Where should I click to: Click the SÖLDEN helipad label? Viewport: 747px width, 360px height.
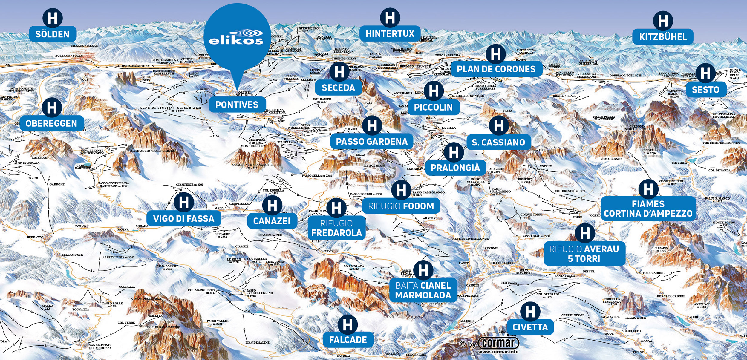tap(53, 34)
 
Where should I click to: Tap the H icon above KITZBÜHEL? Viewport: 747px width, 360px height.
tap(663, 21)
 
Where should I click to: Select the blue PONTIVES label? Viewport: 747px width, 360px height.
tap(237, 105)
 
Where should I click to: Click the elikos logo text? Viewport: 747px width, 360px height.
tap(236, 38)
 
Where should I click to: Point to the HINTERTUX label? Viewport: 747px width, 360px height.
tap(390, 34)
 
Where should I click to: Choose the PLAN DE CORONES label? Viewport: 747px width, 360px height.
tap(496, 69)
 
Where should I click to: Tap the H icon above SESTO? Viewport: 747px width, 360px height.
tap(705, 73)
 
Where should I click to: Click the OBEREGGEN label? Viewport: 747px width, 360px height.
tap(51, 123)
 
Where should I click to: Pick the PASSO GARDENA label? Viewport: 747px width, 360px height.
tap(372, 142)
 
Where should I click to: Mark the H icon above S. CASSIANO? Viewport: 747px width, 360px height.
tap(499, 125)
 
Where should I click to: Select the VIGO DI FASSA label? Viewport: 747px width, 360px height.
tap(184, 219)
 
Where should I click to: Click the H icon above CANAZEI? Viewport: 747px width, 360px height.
tap(272, 206)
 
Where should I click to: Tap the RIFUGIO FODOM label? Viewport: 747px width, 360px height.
tap(401, 206)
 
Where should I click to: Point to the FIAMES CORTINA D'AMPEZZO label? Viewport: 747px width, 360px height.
tap(648, 209)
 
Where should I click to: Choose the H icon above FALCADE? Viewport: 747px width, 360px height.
tap(348, 325)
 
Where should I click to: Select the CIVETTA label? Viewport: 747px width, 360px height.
tap(530, 327)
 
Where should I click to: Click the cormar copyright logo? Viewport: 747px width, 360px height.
tap(498, 343)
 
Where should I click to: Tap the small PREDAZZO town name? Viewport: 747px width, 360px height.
tap(35, 237)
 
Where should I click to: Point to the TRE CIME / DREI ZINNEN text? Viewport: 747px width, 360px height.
tap(721, 143)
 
